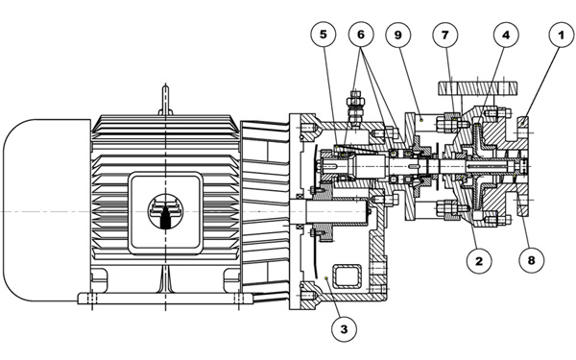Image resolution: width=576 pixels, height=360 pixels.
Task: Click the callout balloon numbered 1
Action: point(561,36)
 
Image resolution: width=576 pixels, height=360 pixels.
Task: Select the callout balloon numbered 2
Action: point(479,261)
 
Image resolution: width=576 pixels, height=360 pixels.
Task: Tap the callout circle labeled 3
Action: point(344,329)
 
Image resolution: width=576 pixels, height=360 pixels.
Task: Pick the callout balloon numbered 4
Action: point(506,36)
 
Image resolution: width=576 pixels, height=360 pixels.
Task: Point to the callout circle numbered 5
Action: point(324,35)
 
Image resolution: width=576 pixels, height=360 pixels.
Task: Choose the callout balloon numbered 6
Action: point(361,35)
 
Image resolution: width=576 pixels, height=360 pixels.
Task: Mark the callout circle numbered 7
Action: point(445,36)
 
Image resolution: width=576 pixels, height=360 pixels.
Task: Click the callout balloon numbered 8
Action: point(531,260)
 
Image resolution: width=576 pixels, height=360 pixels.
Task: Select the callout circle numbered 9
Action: point(397,36)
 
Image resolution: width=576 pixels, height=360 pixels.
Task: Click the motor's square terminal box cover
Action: point(165,213)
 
